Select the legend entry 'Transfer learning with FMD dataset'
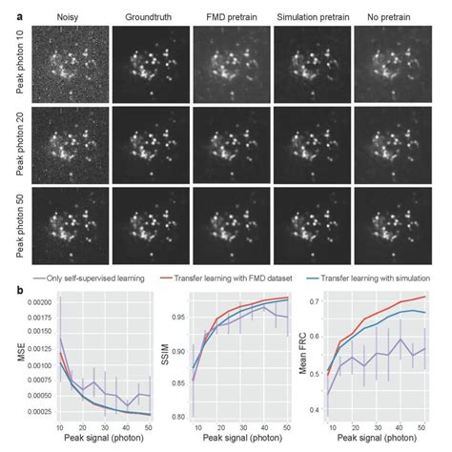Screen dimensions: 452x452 tap(235, 281)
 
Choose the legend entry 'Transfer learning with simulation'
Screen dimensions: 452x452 tap(373, 281)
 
